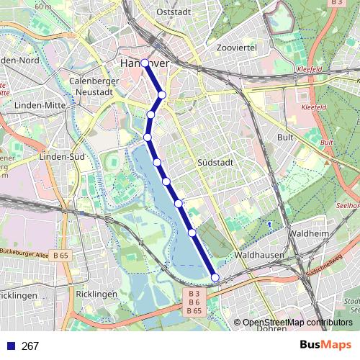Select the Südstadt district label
215,163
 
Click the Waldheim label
308,235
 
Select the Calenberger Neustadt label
93,87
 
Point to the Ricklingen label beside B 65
95,294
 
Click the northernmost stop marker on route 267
145,63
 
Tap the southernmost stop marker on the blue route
215,277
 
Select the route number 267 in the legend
30,346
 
